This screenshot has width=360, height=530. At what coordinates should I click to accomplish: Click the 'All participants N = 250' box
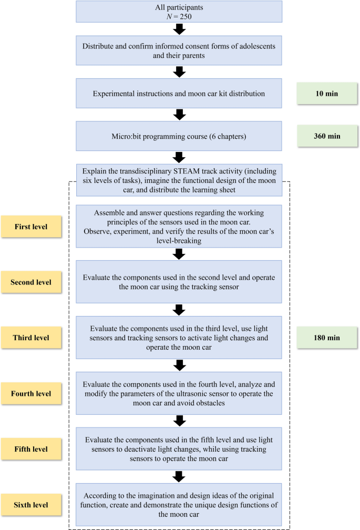click(179, 12)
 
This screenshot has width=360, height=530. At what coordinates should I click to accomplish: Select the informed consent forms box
click(179, 50)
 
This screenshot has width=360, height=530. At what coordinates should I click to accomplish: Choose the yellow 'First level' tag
click(31, 226)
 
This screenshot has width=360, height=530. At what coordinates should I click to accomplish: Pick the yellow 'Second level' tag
click(31, 282)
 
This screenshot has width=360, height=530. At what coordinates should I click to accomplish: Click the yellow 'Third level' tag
click(31, 338)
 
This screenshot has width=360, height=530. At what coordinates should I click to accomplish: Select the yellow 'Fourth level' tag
click(31, 393)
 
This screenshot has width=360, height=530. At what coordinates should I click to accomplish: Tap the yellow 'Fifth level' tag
click(31, 449)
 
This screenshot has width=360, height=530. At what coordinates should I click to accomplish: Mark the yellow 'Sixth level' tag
click(31, 505)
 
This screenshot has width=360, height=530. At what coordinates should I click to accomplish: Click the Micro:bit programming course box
click(179, 136)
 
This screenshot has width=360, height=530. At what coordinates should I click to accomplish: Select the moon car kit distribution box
click(179, 94)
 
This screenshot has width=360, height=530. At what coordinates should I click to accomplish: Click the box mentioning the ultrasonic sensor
click(179, 393)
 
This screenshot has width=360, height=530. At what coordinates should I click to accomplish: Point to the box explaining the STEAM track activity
click(179, 179)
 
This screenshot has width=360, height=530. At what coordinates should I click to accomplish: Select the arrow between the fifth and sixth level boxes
click(179, 476)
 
